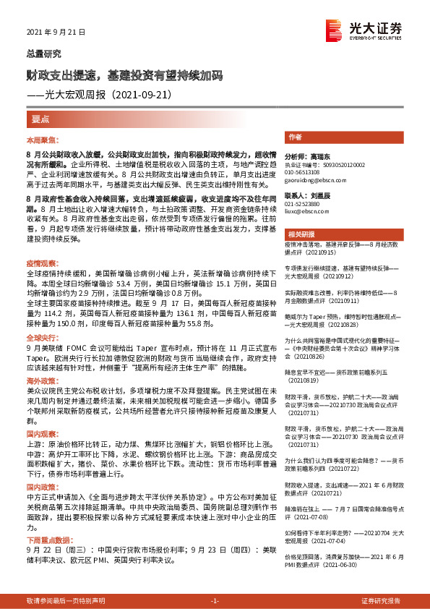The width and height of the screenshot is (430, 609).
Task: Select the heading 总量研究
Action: (44, 54)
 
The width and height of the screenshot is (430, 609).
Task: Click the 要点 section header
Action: (41, 119)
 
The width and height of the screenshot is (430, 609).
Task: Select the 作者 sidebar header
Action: (295, 137)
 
